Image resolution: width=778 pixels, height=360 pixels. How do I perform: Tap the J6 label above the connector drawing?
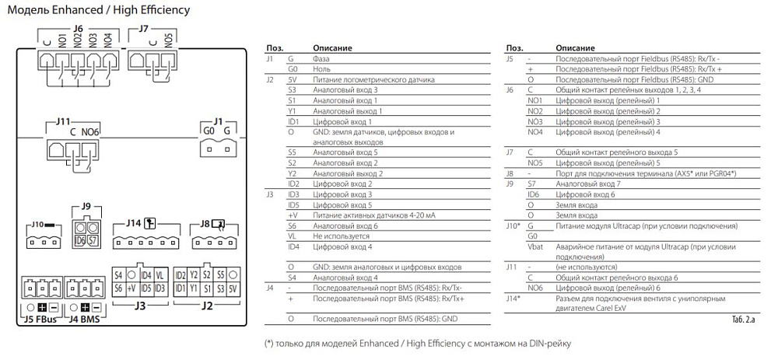pyautogui.click(x=77, y=29)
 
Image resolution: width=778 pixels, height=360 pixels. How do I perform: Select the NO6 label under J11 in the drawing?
pyautogui.click(x=91, y=132)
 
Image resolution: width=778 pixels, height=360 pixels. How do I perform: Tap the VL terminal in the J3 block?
pyautogui.click(x=159, y=275)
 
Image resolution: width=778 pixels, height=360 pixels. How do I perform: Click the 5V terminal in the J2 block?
pyautogui.click(x=233, y=288)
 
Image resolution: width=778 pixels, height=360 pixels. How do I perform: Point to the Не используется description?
pyautogui.click(x=339, y=236)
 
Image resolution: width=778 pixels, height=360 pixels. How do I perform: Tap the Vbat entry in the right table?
pyautogui.click(x=534, y=246)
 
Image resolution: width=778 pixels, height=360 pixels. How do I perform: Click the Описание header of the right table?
pyautogui.click(x=571, y=48)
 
